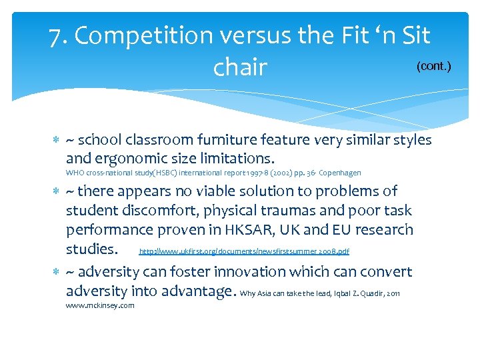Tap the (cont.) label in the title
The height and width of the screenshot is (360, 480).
[434, 67]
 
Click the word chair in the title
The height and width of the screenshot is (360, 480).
[240, 67]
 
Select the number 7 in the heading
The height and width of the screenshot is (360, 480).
[56, 35]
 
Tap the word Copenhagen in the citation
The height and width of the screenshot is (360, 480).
[340, 173]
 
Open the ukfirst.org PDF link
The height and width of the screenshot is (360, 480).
[243, 251]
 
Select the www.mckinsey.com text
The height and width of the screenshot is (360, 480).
[100, 305]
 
